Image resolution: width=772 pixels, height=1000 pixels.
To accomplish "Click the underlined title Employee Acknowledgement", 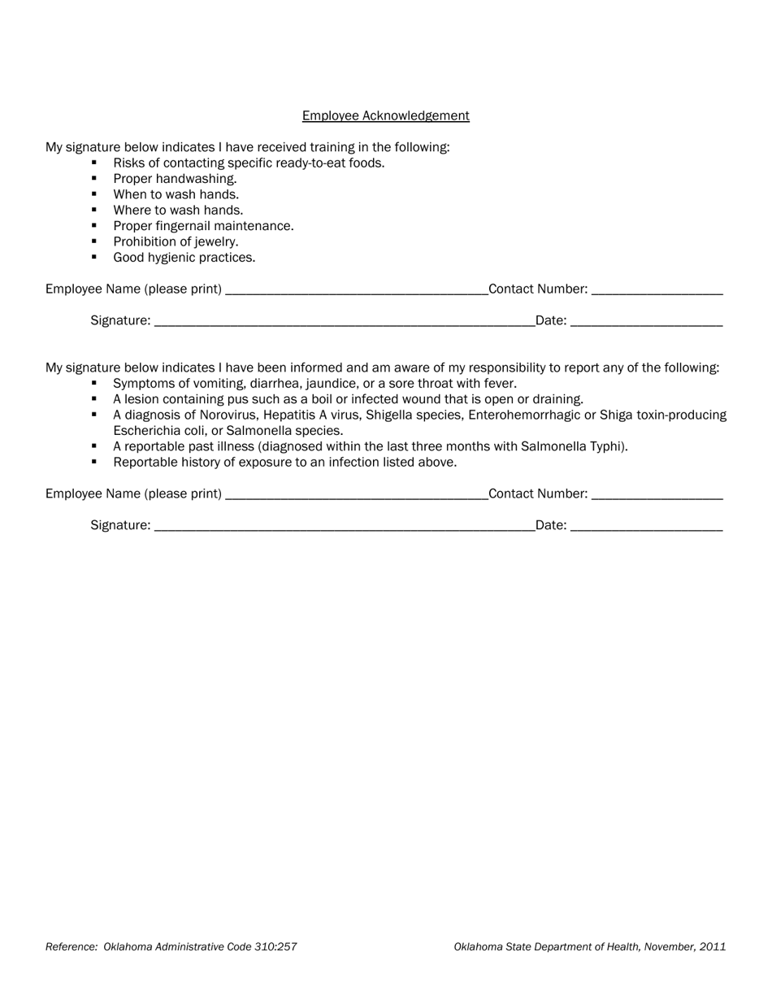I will click(385, 115).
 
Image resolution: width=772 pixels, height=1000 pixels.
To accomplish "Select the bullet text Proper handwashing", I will click(175, 179).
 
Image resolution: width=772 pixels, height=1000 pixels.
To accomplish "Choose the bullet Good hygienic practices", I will click(184, 258).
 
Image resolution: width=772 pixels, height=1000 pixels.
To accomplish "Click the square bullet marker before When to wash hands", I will click(94, 194).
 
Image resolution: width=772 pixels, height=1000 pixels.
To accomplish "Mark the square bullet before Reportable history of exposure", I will click(94, 462).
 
